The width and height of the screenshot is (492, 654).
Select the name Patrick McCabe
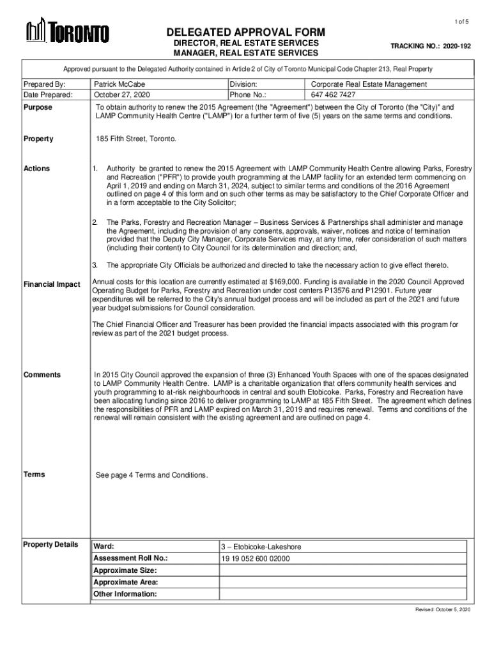tap(119, 84)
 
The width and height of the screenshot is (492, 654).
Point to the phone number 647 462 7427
tap(333, 95)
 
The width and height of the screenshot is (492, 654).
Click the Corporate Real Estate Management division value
tap(369, 84)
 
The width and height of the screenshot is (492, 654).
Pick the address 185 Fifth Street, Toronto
tap(135, 139)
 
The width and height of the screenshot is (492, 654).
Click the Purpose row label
tap(38, 108)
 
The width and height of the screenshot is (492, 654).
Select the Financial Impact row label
tap(51, 284)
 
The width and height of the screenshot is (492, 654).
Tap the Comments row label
tap(42, 375)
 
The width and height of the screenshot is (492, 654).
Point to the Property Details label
tap(50, 545)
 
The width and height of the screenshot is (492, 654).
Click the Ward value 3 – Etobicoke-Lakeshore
tap(261, 547)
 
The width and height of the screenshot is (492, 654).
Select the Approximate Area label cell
tap(126, 582)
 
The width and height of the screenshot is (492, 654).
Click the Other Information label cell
tap(125, 594)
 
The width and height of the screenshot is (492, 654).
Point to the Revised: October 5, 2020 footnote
tap(443, 610)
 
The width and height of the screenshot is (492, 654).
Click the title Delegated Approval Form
tap(246, 33)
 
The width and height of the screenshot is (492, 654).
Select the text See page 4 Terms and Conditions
tap(151, 475)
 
